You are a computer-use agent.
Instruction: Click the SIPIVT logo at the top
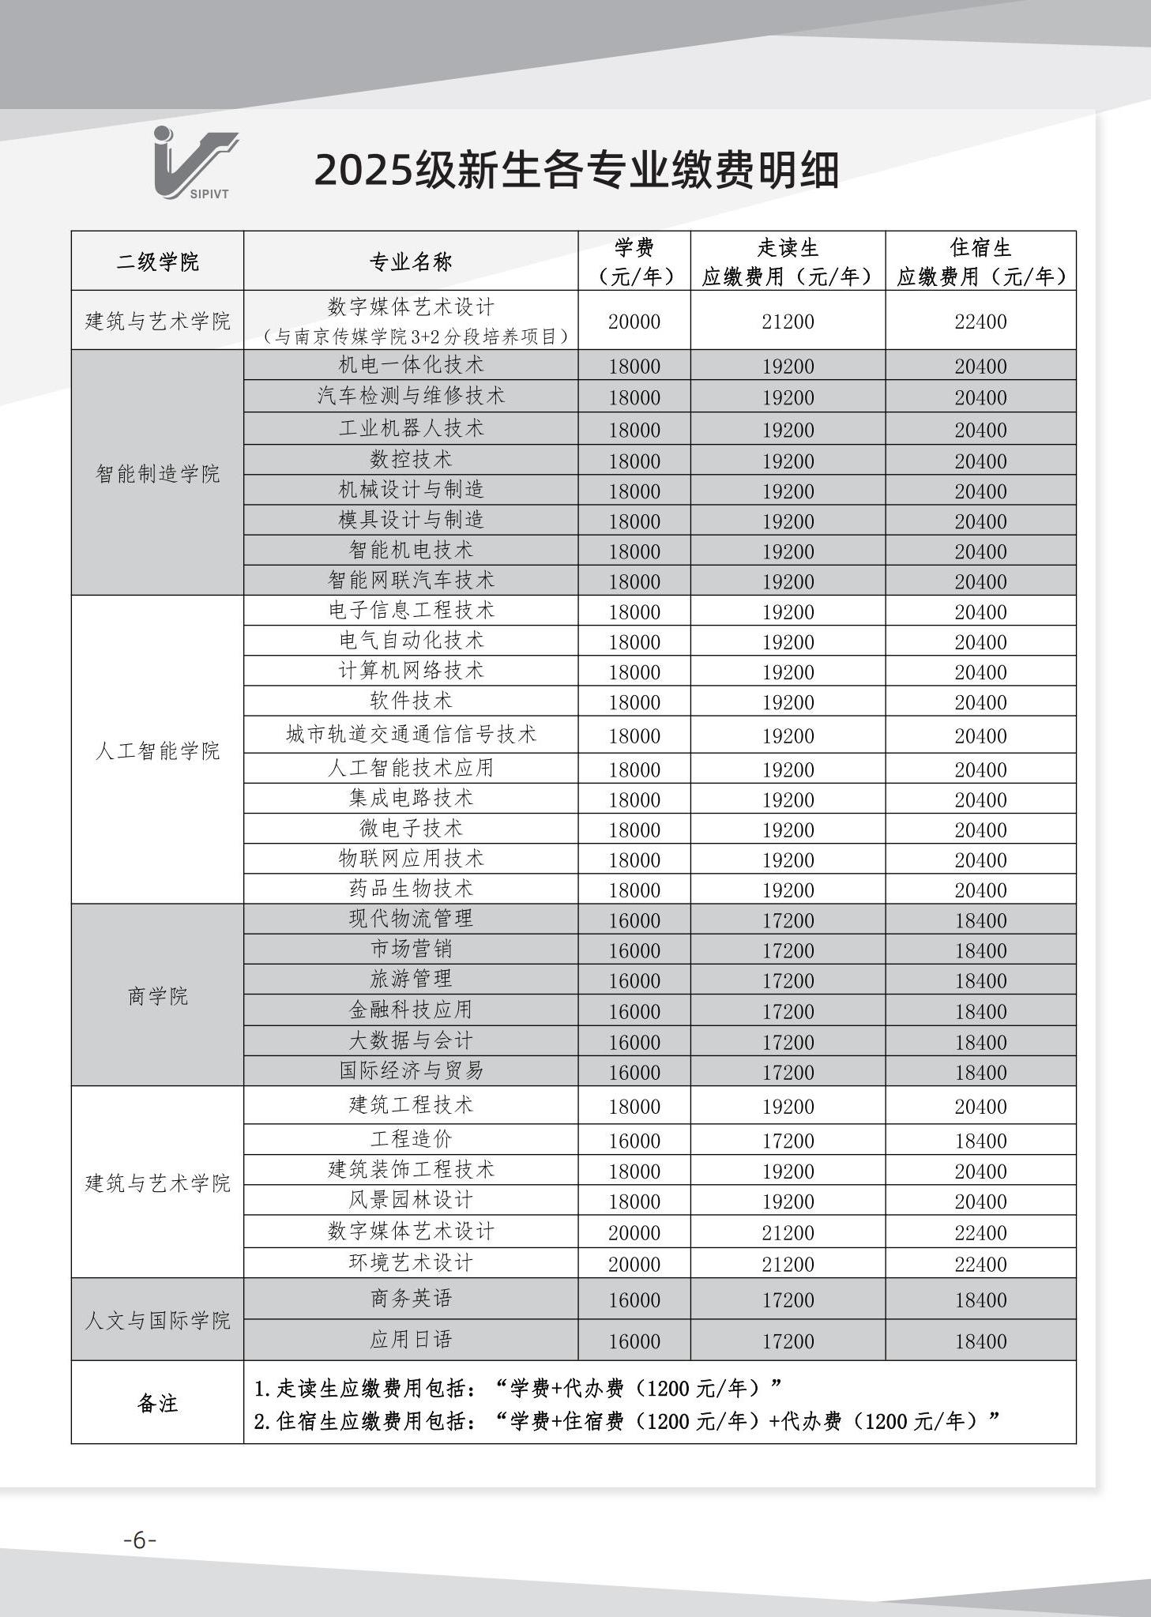pyautogui.click(x=195, y=164)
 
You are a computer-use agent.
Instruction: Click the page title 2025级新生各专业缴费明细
pyautogui.click(x=576, y=170)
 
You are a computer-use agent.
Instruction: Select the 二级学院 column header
pyautogui.click(x=157, y=261)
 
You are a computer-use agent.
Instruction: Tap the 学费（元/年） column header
pyautogui.click(x=634, y=261)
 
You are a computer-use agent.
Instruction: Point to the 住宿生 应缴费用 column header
pyautogui.click(x=980, y=261)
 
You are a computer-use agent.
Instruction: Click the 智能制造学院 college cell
pyautogui.click(x=157, y=473)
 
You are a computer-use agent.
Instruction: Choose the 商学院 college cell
pyautogui.click(x=157, y=996)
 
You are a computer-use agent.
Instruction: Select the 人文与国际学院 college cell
pyautogui.click(x=157, y=1320)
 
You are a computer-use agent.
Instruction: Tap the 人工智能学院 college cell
pyautogui.click(x=157, y=750)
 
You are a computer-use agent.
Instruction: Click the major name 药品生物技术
pyautogui.click(x=411, y=889)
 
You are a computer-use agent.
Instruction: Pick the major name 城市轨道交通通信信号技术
pyautogui.click(x=411, y=735)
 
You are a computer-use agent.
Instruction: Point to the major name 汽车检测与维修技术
pyautogui.click(x=411, y=396)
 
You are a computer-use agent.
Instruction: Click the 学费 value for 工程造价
pyautogui.click(x=634, y=1140)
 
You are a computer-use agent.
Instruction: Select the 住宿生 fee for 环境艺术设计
pyautogui.click(x=980, y=1263)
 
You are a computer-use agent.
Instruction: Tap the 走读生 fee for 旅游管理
pyautogui.click(x=788, y=980)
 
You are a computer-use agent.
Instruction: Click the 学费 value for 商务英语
pyautogui.click(x=634, y=1300)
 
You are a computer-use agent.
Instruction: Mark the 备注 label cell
pyautogui.click(x=157, y=1403)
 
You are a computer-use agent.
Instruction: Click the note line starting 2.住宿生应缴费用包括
pyautogui.click(x=626, y=1421)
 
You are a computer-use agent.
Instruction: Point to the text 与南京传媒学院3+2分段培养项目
pyautogui.click(x=416, y=337)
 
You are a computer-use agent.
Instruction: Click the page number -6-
pyautogui.click(x=140, y=1540)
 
